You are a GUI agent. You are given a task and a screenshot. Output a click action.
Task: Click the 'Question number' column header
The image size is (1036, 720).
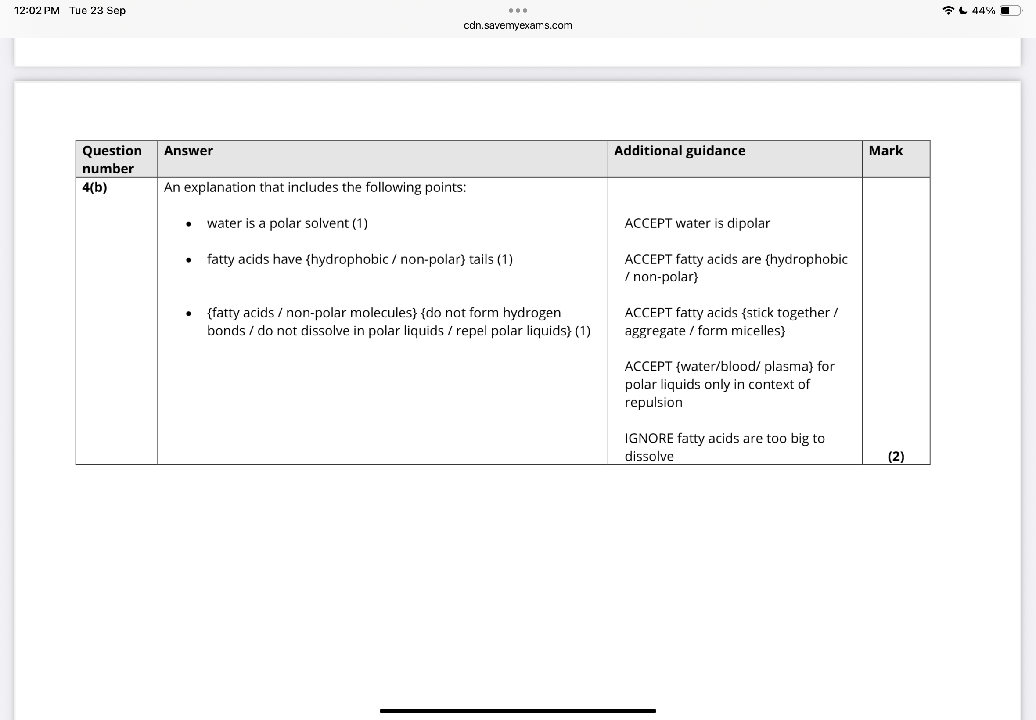pos(112,159)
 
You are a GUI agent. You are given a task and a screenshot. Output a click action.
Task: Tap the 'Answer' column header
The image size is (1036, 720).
pos(188,151)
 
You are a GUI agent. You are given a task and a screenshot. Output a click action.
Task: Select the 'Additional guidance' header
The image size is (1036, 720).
pos(679,151)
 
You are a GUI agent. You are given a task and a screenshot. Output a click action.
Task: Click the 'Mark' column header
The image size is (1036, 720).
pos(885,151)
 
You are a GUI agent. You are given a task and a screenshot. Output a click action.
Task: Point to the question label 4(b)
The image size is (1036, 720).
pos(95,187)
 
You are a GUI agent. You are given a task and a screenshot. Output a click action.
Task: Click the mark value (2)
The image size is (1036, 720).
pos(896,456)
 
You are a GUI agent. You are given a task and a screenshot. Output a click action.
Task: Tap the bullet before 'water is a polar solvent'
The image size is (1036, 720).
pos(188,224)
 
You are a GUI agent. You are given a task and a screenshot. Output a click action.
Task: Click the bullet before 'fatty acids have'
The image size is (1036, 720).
pos(188,260)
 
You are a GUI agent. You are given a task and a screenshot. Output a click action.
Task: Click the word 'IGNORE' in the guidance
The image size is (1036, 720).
pos(648,438)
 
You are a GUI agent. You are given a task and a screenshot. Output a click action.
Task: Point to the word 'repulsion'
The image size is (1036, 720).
pos(653,403)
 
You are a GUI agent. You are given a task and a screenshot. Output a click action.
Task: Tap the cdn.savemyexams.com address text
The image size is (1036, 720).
pos(518,25)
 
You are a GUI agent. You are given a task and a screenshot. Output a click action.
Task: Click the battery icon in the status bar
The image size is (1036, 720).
pos(1010,11)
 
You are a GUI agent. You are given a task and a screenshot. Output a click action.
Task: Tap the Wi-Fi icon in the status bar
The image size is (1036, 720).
pos(948,11)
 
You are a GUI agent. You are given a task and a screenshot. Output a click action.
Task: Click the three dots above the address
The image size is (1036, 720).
pos(518,11)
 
